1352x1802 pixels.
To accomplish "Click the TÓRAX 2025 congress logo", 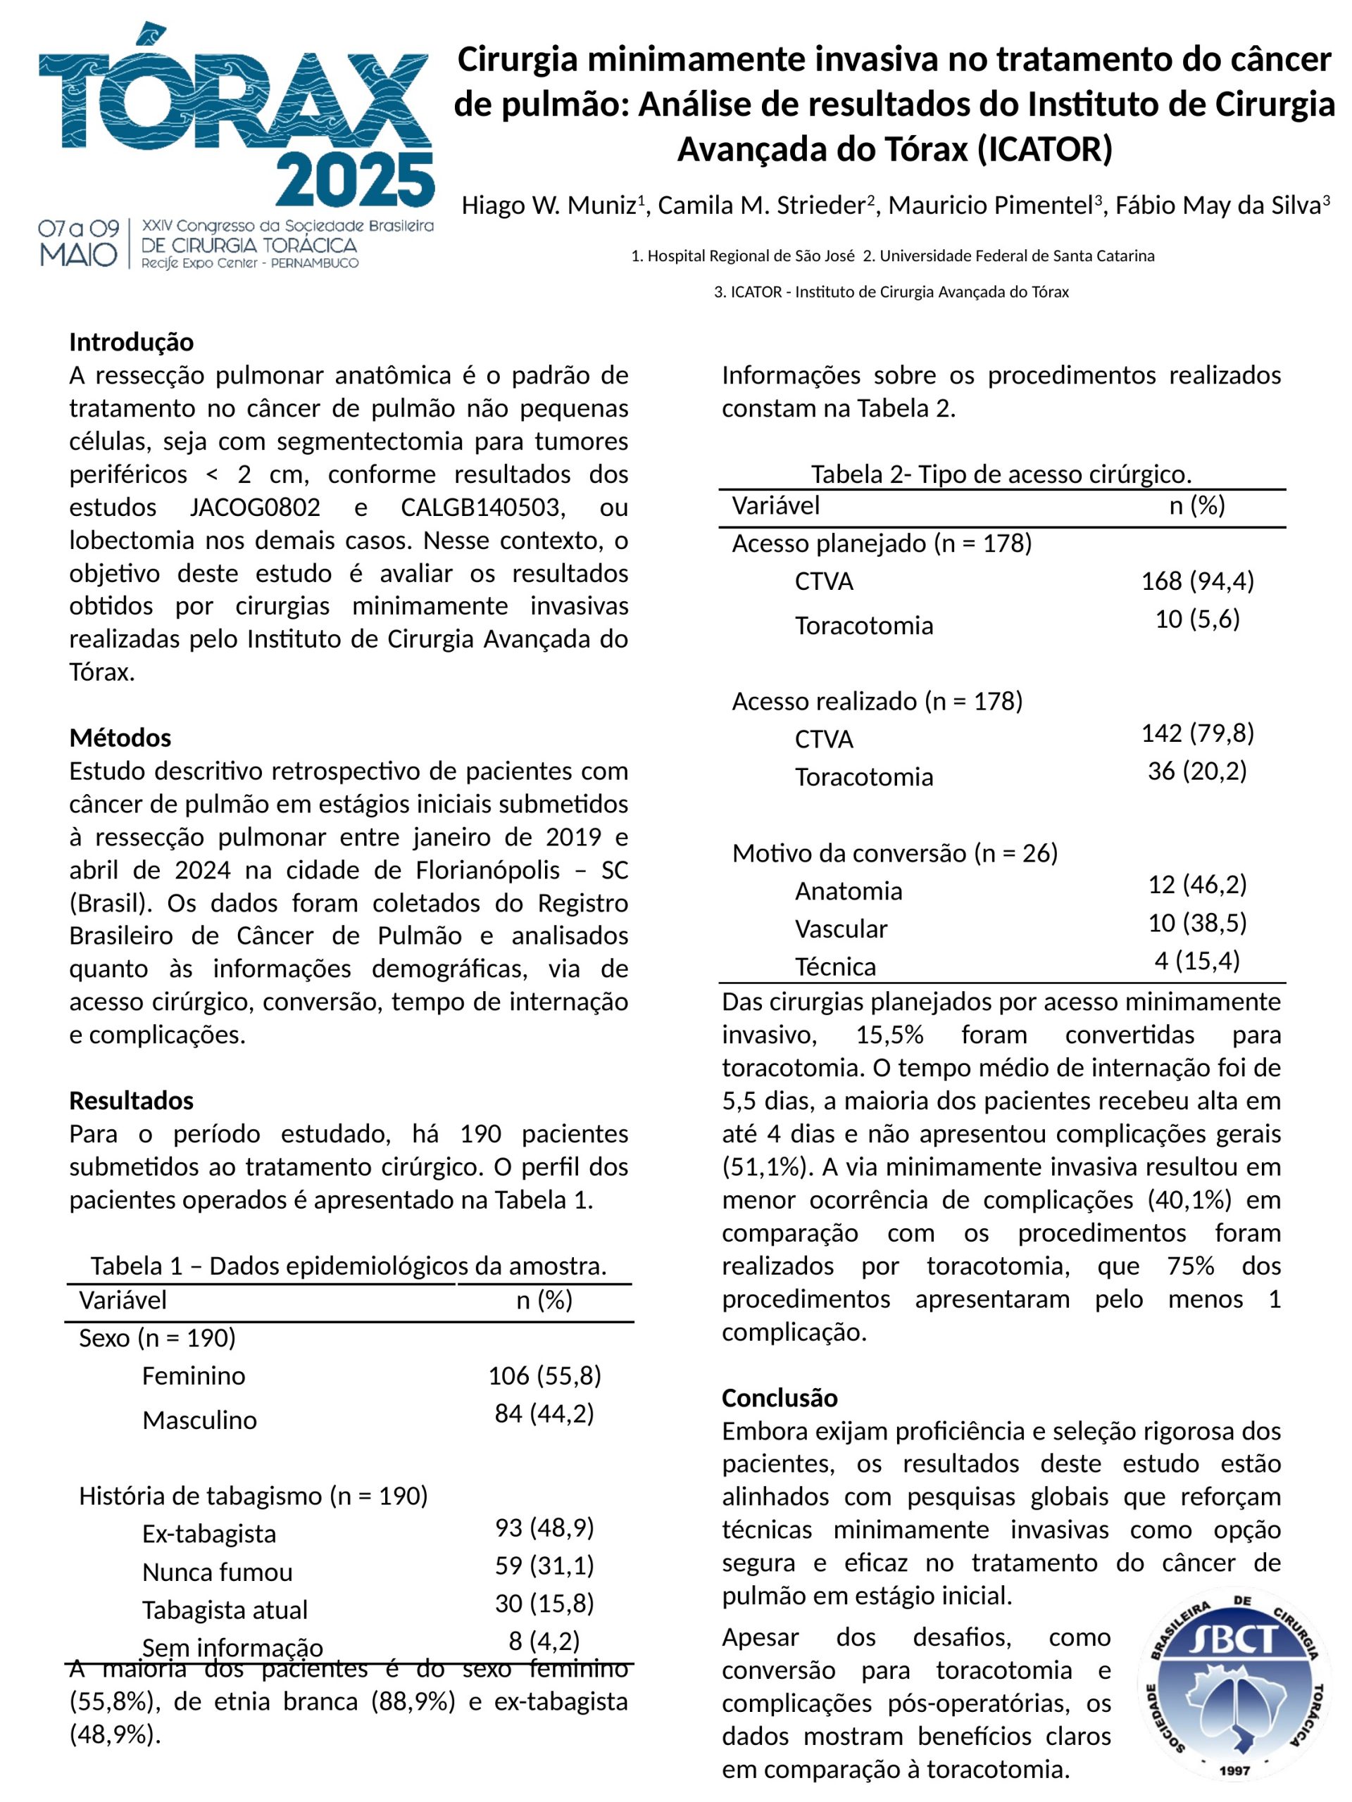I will click(x=237, y=146).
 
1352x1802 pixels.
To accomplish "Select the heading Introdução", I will click(x=131, y=341).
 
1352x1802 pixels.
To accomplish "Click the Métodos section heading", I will click(x=120, y=738).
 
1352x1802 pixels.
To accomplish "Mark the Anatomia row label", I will click(x=849, y=891).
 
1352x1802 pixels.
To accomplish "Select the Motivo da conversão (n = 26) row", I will click(x=895, y=853).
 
